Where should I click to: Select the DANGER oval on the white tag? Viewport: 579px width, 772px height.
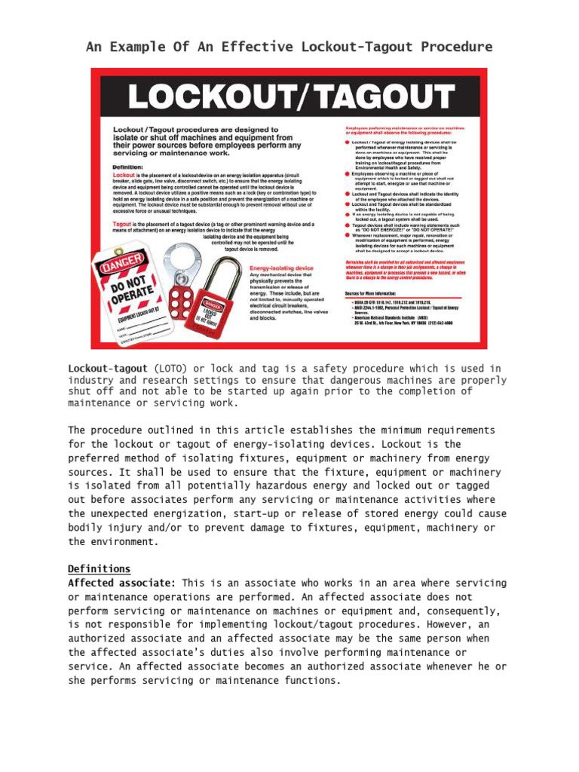[120, 268]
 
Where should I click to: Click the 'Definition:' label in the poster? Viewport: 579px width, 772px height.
[133, 167]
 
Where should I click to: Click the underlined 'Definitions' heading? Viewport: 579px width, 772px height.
[99, 568]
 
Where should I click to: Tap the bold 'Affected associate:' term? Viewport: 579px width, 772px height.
[122, 584]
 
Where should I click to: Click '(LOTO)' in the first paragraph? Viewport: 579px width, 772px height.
[173, 369]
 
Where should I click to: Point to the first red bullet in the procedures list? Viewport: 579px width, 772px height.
[347, 142]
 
